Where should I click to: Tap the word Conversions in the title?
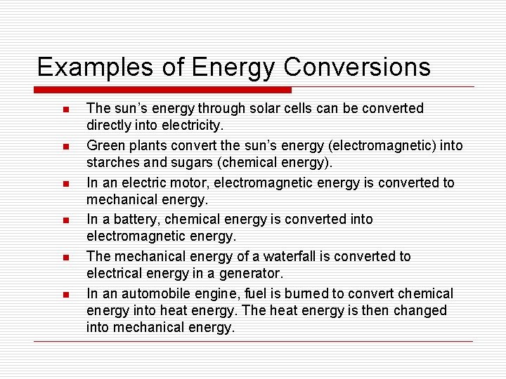[x=357, y=67]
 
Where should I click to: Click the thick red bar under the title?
[x=162, y=90]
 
